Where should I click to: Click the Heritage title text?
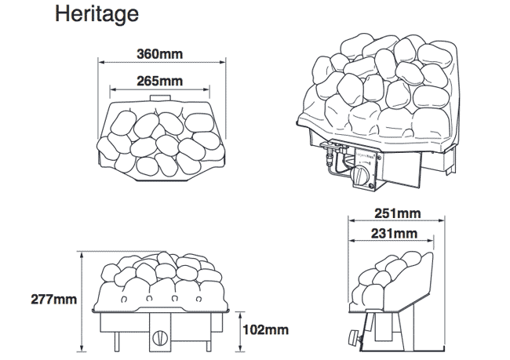tap(97, 15)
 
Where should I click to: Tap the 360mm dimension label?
tap(160, 54)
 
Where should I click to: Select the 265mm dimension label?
tap(160, 81)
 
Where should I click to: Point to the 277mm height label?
tap(53, 299)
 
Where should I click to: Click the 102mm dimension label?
tap(266, 329)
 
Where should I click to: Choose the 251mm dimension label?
tap(398, 213)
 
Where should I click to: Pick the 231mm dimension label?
tap(394, 234)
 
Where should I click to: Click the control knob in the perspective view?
tap(359, 175)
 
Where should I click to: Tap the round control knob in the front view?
tap(159, 337)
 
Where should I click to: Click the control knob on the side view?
tap(354, 337)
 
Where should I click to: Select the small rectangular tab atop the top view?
tap(160, 98)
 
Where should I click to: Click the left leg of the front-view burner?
tap(117, 341)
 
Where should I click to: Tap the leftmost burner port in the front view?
tap(124, 299)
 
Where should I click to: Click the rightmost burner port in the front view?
tap(199, 299)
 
